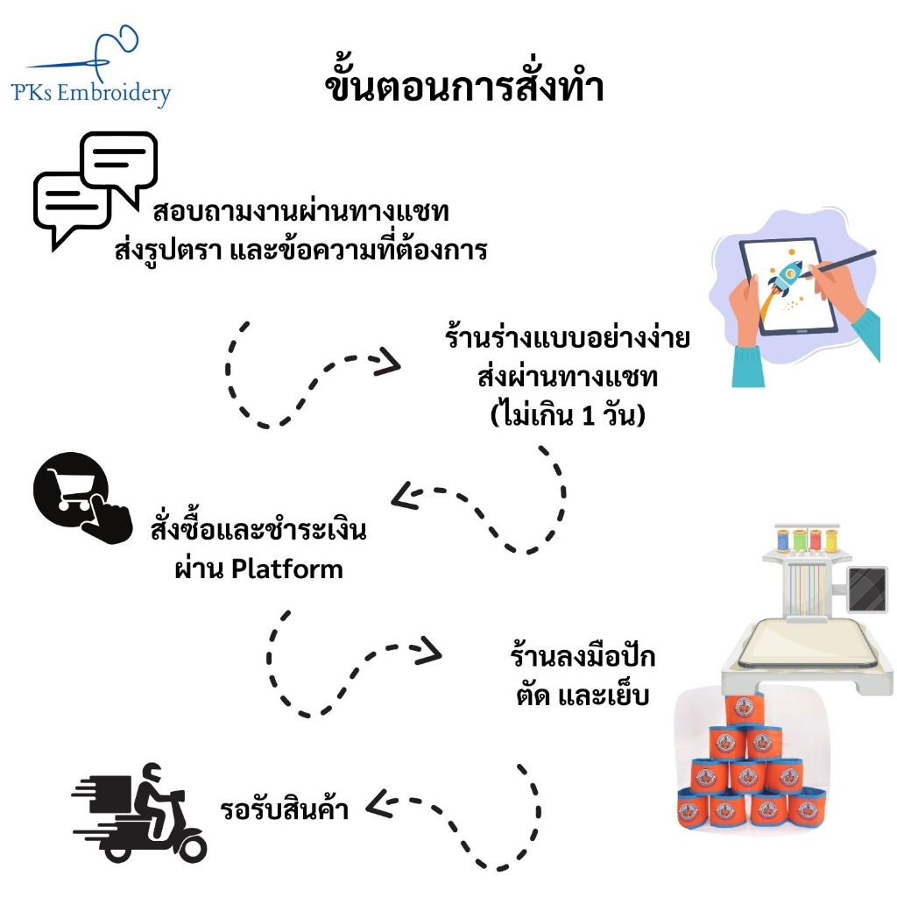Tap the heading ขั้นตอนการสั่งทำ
464,86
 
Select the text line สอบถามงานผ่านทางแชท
301,212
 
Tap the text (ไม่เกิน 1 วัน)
568,414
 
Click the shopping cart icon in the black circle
72,491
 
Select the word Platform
287,569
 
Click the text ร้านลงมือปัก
583,656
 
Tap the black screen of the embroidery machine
867,590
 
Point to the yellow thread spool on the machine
831,541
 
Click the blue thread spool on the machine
782,541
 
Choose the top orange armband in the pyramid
745,710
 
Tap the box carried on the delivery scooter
111,795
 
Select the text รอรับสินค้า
285,809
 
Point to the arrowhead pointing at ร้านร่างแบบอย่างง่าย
388,363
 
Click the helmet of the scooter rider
152,773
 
